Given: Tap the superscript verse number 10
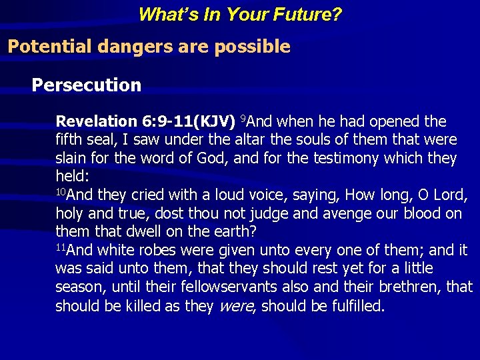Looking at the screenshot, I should click(x=61, y=192).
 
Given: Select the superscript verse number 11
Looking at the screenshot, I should click(x=61, y=247).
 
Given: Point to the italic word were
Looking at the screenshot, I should click(x=233, y=306).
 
